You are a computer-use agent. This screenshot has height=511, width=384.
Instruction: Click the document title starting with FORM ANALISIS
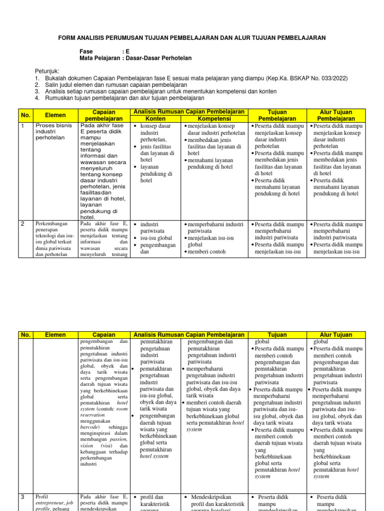(x=192, y=37)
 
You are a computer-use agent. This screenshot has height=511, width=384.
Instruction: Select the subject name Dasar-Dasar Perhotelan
(x=159, y=58)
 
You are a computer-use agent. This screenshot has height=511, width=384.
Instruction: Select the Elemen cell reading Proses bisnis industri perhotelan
(x=54, y=131)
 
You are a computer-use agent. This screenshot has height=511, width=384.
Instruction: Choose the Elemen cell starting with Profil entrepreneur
(x=54, y=504)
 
